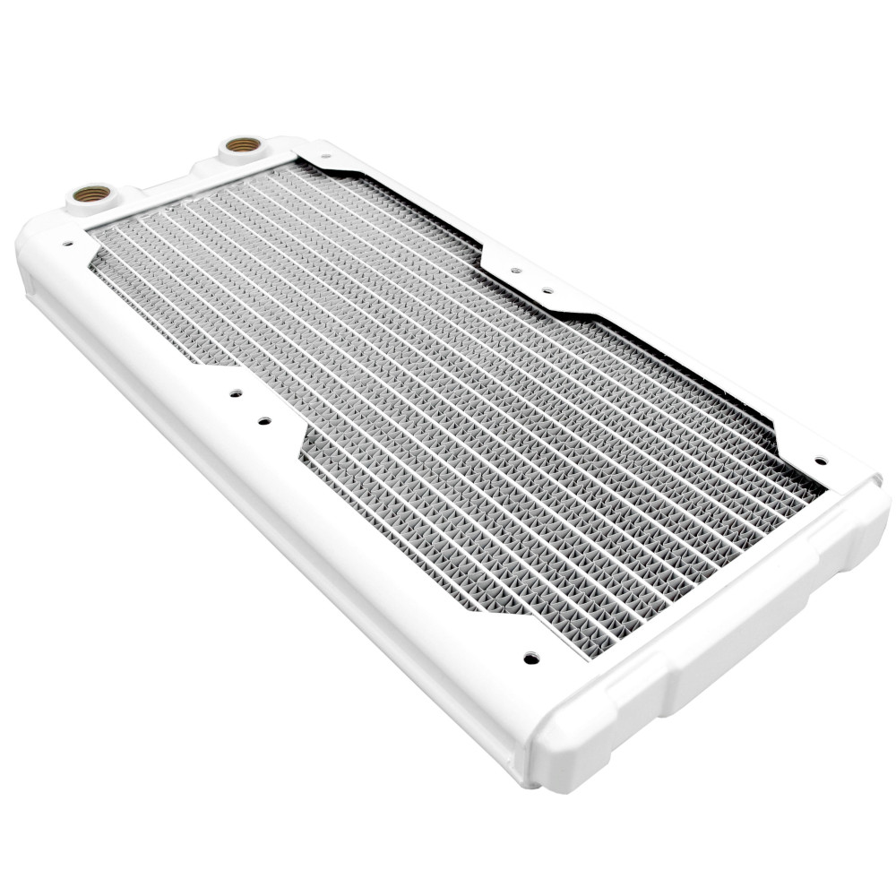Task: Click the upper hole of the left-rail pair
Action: pos(236,393)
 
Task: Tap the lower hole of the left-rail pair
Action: pos(263,420)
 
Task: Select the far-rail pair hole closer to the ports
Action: pos(515,269)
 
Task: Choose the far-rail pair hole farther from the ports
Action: pos(544,290)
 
